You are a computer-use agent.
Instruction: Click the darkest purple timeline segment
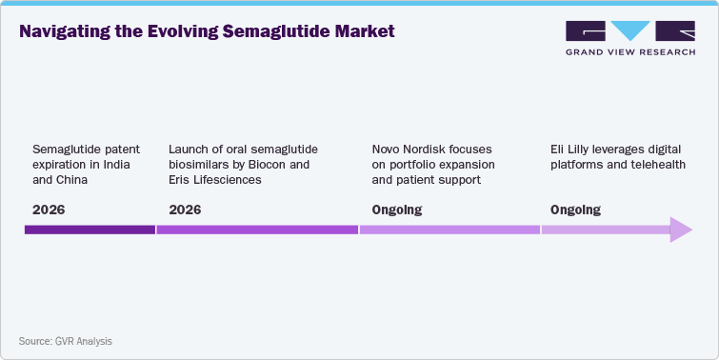pos(90,230)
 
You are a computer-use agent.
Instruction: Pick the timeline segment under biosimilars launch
pos(257,230)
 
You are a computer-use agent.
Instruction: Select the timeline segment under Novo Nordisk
pos(449,230)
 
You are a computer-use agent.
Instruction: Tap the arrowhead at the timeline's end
pos(680,230)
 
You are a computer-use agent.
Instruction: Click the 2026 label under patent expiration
pos(50,210)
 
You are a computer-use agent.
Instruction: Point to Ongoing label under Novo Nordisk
pos(396,210)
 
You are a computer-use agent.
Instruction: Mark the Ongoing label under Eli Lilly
pos(575,210)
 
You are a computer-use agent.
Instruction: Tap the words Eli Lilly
pos(570,150)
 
